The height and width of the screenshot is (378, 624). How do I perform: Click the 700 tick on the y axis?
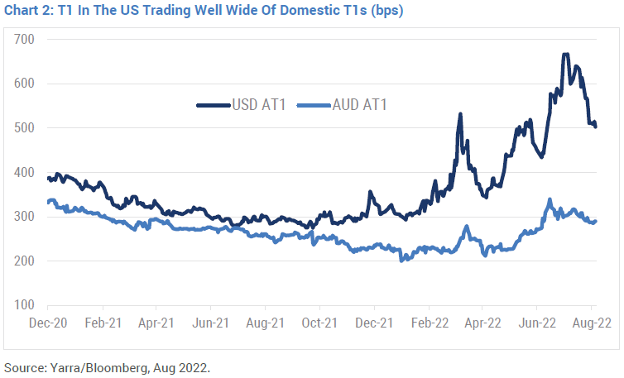(x=23, y=40)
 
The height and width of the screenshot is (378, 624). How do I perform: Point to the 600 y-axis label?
(x=23, y=84)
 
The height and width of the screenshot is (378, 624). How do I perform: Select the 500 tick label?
(x=23, y=128)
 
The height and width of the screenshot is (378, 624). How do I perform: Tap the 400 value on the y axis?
(x=23, y=173)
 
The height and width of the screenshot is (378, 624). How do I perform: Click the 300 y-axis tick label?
(x=23, y=217)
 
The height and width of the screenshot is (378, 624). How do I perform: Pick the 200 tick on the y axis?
(x=23, y=261)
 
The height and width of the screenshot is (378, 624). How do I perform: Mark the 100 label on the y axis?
(x=23, y=305)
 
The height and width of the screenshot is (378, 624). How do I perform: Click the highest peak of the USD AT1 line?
(x=565, y=55)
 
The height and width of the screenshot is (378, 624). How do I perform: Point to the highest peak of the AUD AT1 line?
(x=550, y=199)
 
